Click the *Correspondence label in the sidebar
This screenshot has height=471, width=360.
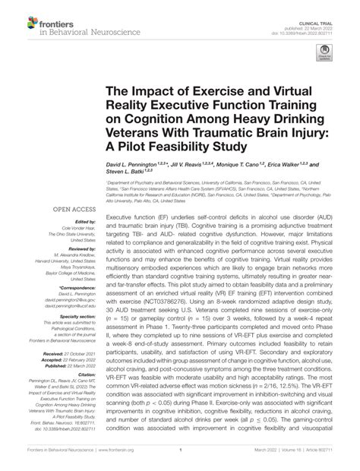point(73,287)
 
